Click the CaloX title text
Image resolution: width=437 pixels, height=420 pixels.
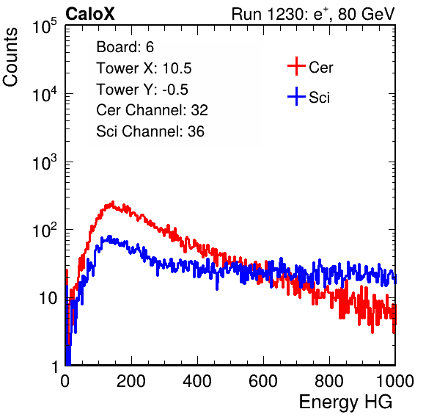tap(89, 14)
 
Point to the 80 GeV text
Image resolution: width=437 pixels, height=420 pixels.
tap(366, 14)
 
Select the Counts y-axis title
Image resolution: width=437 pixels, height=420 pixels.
tap(10, 57)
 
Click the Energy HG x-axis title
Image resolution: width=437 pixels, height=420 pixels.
tap(345, 402)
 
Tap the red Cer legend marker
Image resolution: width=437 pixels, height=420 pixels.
tap(296, 66)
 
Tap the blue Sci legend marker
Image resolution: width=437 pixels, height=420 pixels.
tap(296, 96)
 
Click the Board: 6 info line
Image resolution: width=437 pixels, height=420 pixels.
tap(125, 47)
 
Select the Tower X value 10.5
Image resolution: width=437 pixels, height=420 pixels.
tap(177, 68)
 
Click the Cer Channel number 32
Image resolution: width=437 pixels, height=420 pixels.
tap(199, 110)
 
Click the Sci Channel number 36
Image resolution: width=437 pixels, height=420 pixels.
tap(196, 131)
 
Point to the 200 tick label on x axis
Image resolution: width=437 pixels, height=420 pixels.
tap(131, 381)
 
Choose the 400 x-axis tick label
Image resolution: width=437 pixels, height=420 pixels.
tap(197, 381)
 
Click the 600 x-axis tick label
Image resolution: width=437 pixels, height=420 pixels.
tap(263, 381)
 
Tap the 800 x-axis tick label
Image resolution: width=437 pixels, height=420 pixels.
tap(329, 381)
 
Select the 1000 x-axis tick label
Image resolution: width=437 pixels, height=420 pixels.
tap(395, 381)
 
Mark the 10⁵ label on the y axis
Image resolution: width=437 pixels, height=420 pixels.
tap(45, 26)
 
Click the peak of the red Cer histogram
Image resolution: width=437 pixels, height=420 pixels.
tap(113, 201)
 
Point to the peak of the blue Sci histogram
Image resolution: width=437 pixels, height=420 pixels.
tap(109, 236)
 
